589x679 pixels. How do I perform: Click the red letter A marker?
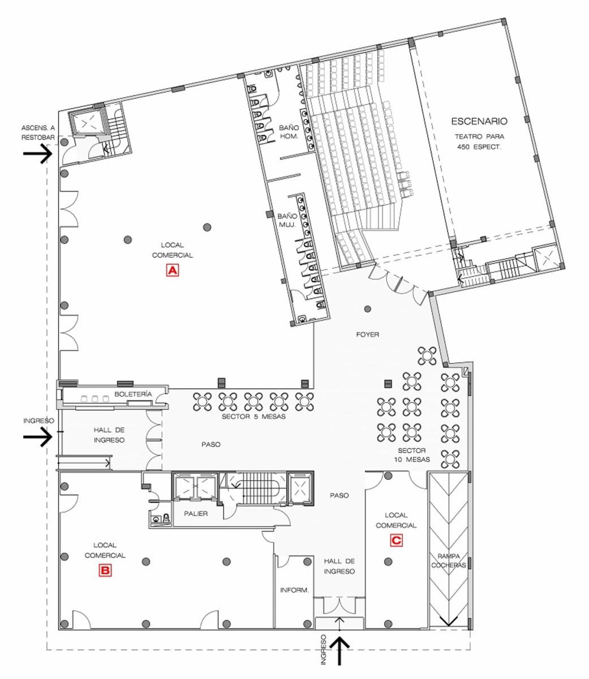click(172, 270)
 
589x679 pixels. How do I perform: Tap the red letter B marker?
click(105, 570)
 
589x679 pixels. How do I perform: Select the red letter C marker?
click(396, 540)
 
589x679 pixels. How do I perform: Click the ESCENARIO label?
click(479, 121)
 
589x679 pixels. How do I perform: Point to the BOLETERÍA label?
click(133, 394)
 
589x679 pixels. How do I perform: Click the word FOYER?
click(367, 334)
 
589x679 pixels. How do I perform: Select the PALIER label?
click(196, 513)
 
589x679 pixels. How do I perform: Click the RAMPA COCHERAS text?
click(449, 561)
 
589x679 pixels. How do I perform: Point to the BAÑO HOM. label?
click(289, 132)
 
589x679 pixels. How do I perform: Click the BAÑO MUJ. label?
click(287, 220)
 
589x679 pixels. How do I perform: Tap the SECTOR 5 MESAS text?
click(253, 416)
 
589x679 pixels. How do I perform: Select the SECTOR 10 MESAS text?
click(412, 455)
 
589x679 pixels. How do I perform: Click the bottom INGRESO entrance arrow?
click(339, 652)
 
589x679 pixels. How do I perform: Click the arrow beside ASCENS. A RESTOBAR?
click(38, 154)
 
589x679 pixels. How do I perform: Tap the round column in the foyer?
click(367, 309)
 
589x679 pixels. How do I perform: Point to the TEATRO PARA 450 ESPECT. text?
click(479, 141)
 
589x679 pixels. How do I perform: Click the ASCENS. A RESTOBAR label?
click(38, 132)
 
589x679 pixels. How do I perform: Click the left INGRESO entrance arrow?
click(38, 437)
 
